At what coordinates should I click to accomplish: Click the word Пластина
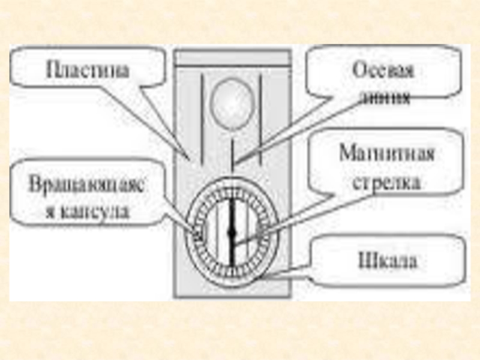(x=88, y=70)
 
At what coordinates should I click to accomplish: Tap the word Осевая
(x=382, y=71)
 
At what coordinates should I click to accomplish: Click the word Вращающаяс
(x=88, y=184)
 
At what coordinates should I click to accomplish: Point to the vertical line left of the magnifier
(x=203, y=114)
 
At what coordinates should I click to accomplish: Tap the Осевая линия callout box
(x=384, y=75)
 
